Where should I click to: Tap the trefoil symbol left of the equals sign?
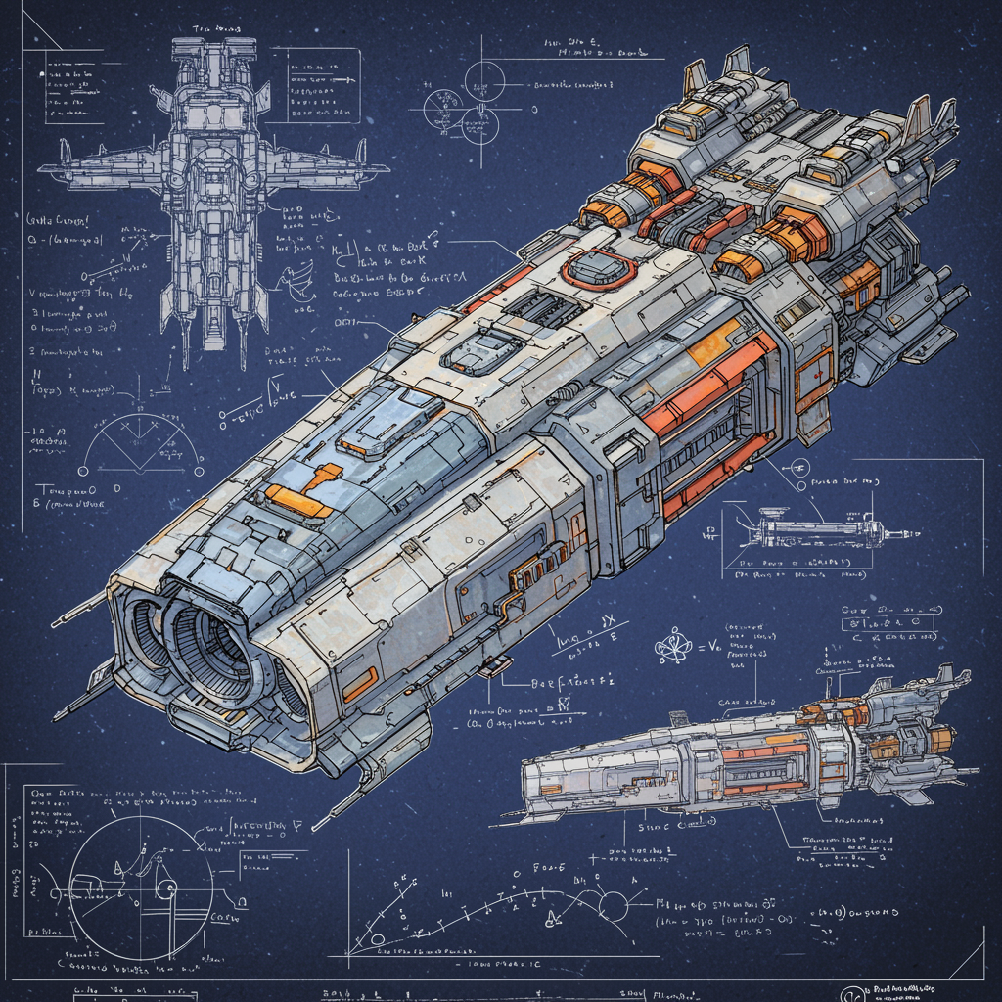click(x=674, y=645)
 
